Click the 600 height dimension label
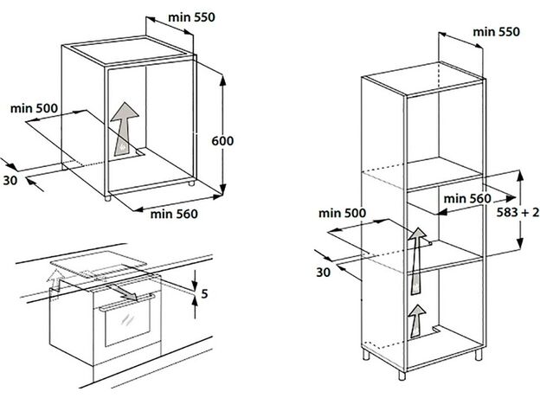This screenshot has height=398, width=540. click(x=222, y=141)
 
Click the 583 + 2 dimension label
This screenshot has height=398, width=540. click(x=517, y=213)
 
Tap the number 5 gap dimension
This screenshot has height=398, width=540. click(x=204, y=293)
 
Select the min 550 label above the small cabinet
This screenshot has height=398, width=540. click(x=191, y=17)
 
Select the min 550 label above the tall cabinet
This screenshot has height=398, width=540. click(x=496, y=32)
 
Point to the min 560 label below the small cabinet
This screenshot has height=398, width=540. click(x=174, y=215)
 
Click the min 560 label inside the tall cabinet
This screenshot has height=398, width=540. click(x=467, y=199)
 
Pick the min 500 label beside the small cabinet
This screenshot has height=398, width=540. click(x=34, y=108)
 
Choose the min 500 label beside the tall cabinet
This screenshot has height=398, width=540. click(x=342, y=213)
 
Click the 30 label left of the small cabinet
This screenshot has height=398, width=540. click(x=10, y=181)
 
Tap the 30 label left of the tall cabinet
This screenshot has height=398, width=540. click(x=323, y=273)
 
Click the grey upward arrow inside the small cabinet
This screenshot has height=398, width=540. click(x=124, y=129)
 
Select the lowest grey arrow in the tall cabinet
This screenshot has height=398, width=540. click(x=418, y=321)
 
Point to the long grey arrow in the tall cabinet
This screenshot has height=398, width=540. click(x=418, y=261)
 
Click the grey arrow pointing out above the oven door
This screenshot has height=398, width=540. click(x=123, y=292)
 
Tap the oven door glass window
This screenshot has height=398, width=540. click(x=127, y=324)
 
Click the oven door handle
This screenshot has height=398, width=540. click(x=126, y=302)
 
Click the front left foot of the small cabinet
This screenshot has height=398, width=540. click(x=108, y=199)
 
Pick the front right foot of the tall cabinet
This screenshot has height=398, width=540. click(x=479, y=356)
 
